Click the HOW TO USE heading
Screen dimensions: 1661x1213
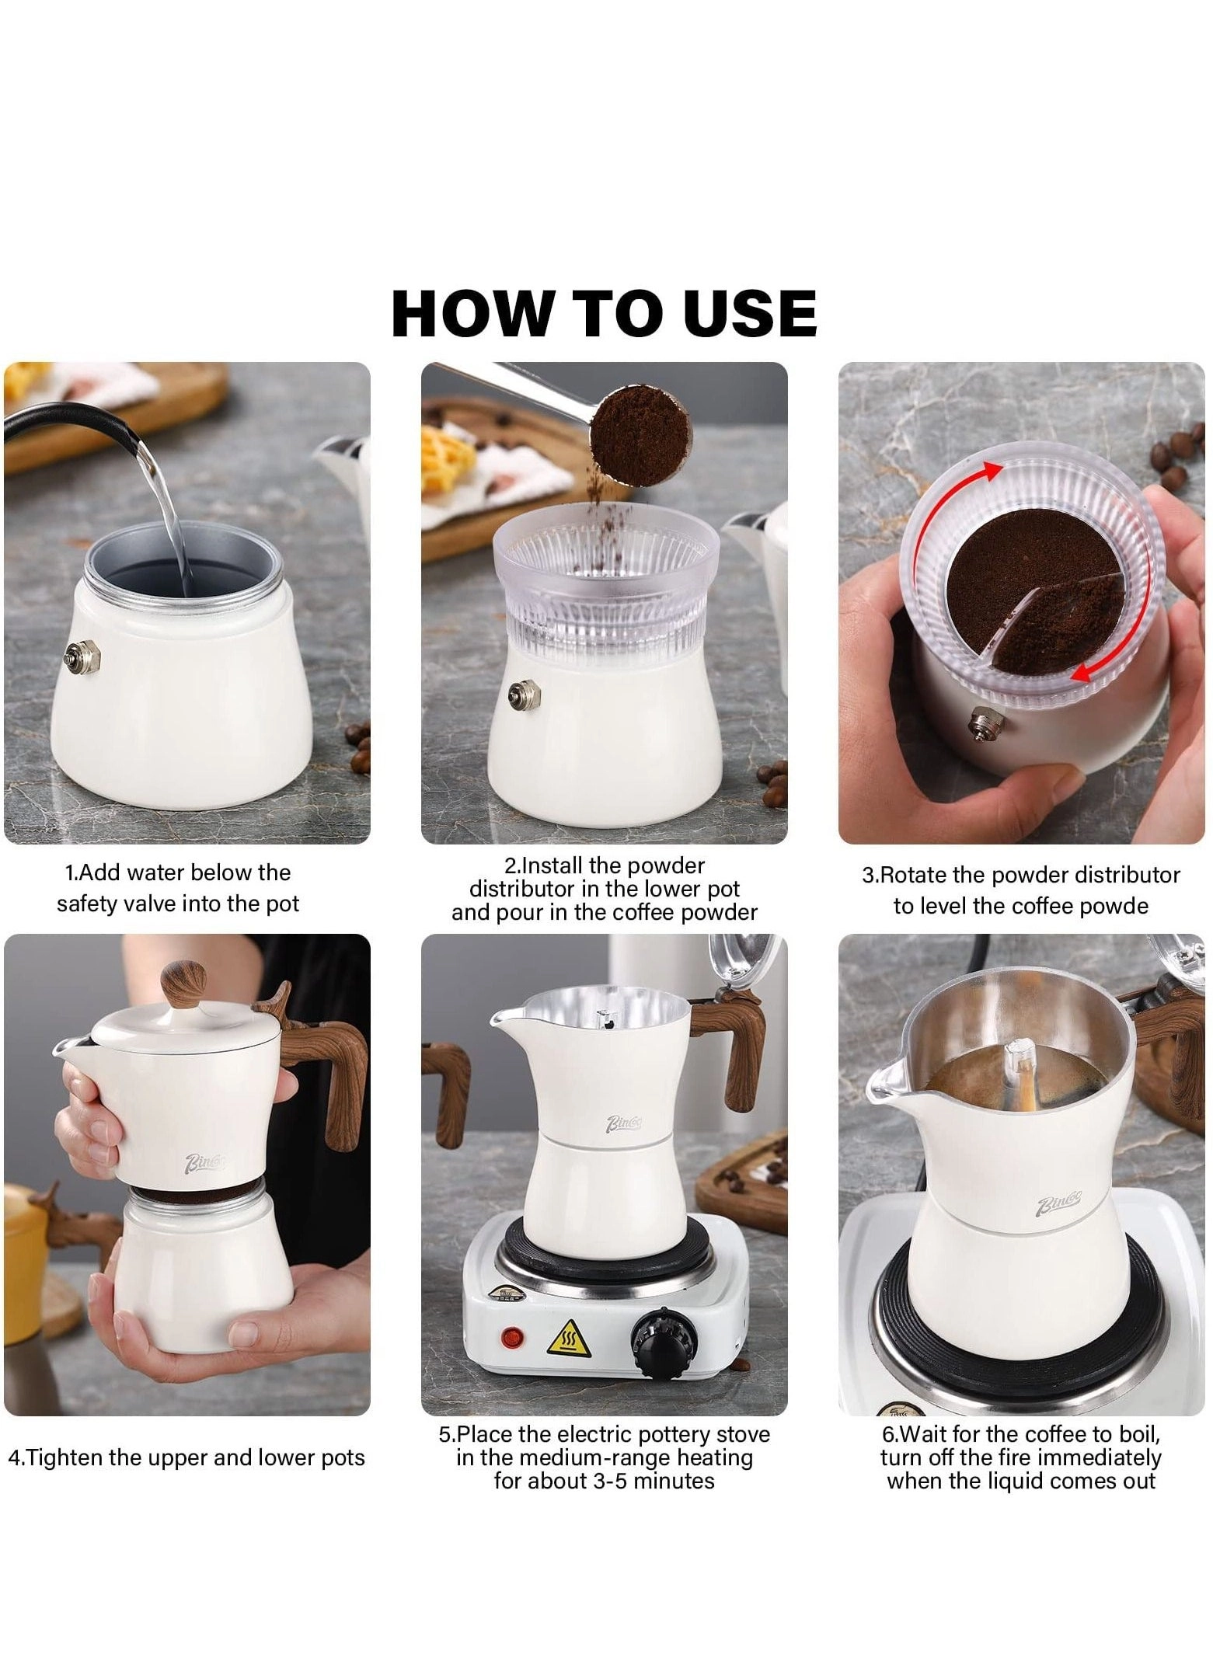tap(604, 313)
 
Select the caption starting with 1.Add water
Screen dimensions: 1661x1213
tap(178, 888)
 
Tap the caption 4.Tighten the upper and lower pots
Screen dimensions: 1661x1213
tap(186, 1457)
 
